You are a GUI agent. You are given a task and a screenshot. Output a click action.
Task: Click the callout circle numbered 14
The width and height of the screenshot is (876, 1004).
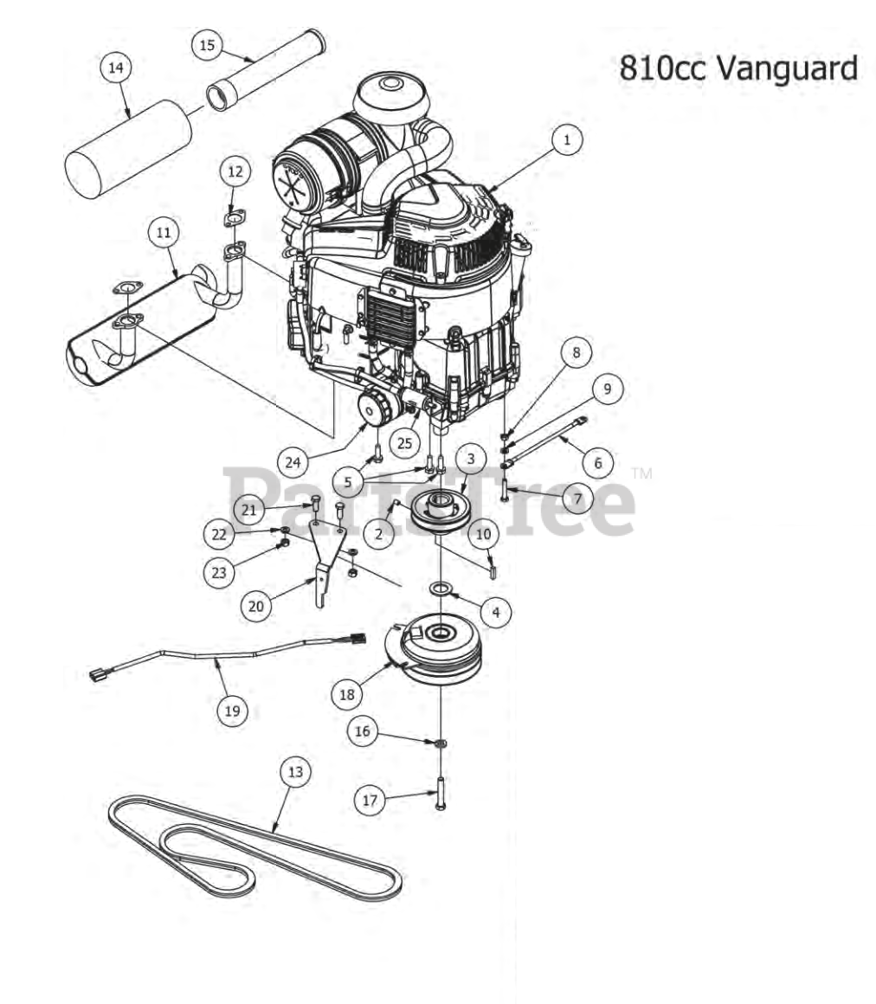click(116, 68)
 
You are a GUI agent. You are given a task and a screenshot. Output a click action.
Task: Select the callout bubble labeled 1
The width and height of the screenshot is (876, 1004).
click(566, 139)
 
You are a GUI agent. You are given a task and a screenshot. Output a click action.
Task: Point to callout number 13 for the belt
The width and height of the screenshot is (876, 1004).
click(294, 772)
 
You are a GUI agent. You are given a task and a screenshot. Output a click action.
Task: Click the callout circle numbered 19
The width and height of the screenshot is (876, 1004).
click(233, 710)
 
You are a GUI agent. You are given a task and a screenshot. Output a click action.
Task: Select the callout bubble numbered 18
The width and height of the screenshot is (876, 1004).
click(347, 694)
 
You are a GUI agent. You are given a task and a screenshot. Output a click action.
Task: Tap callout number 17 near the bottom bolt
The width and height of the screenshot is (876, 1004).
click(370, 800)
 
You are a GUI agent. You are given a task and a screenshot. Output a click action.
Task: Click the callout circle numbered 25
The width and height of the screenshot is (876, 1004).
click(405, 443)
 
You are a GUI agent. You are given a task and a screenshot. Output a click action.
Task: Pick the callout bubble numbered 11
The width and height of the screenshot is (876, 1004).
click(164, 232)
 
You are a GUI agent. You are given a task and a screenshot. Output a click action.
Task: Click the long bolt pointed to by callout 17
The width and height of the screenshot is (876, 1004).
click(440, 793)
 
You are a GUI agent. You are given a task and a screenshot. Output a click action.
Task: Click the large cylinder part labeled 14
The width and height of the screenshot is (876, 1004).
click(128, 149)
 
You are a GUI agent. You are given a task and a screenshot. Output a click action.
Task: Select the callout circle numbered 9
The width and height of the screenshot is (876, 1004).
click(607, 388)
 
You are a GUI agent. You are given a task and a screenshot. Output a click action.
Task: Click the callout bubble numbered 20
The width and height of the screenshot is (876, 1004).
click(255, 606)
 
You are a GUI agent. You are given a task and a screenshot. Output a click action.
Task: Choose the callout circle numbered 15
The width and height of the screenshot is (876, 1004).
click(207, 45)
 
